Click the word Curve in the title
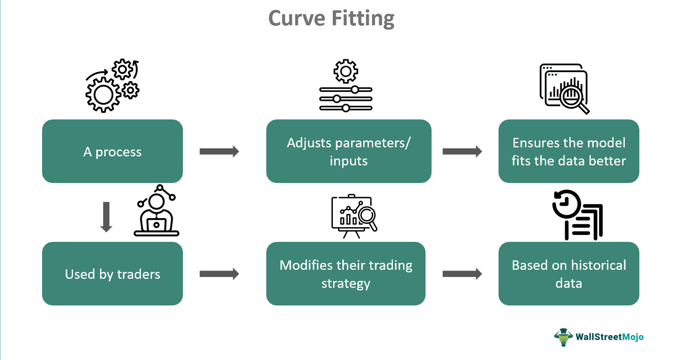click(297, 19)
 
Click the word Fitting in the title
click(363, 19)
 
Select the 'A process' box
click(112, 151)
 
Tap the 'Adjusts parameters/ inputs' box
click(349, 151)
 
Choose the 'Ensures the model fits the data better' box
click(569, 151)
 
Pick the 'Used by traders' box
click(112, 274)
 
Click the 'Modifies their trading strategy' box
click(346, 274)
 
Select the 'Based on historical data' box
click(569, 274)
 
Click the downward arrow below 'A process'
click(106, 217)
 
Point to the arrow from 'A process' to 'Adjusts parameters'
click(219, 151)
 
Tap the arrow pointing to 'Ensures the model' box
click(462, 151)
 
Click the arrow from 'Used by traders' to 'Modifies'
click(219, 274)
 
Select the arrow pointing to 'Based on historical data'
click(462, 274)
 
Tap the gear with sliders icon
click(346, 85)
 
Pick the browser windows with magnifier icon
click(564, 88)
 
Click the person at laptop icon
click(156, 211)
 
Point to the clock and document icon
click(578, 215)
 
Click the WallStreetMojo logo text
click(609, 337)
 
